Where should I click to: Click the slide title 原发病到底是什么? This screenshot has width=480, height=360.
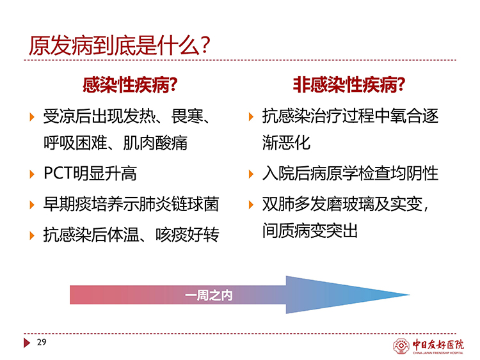[x=120, y=46]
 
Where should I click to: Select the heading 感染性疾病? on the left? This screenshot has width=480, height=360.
[x=130, y=84]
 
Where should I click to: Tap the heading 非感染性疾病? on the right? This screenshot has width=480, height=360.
[x=349, y=84]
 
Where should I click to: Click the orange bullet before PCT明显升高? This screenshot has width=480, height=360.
[x=32, y=174]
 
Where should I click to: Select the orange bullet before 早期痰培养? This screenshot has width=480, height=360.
[x=32, y=205]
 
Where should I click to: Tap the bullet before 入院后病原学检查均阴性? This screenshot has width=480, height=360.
[x=251, y=174]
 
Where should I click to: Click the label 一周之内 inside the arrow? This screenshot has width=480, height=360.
[x=209, y=295]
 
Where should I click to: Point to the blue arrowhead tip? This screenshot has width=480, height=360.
[x=410, y=295]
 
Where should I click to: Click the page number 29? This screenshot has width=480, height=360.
[x=42, y=342]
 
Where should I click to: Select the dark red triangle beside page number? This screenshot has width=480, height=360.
[x=27, y=343]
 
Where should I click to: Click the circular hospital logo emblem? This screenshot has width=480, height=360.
[x=401, y=346]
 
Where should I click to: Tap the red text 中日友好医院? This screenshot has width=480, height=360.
[x=438, y=345]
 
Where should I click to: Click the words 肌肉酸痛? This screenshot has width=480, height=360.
[x=156, y=143]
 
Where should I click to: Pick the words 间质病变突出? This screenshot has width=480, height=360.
[x=310, y=231]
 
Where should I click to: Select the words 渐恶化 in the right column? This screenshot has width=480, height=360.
[x=286, y=143]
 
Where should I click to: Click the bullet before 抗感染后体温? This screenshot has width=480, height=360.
[x=32, y=235]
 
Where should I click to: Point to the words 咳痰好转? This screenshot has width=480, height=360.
[x=188, y=235]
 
